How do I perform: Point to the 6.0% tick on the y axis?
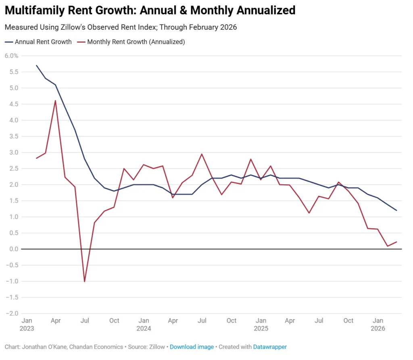[11, 56]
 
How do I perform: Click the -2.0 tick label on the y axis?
[12, 313]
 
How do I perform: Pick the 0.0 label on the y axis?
[13, 249]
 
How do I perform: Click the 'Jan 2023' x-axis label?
[27, 324]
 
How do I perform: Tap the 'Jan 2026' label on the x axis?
[378, 324]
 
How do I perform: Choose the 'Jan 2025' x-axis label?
[261, 324]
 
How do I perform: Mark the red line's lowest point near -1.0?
[84, 281]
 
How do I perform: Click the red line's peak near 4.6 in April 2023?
[55, 101]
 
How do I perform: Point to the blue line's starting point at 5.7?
[36, 65]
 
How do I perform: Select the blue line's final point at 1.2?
[397, 210]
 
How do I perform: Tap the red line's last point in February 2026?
[397, 242]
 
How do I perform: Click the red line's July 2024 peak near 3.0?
[202, 154]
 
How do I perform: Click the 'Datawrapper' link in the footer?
[270, 347]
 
